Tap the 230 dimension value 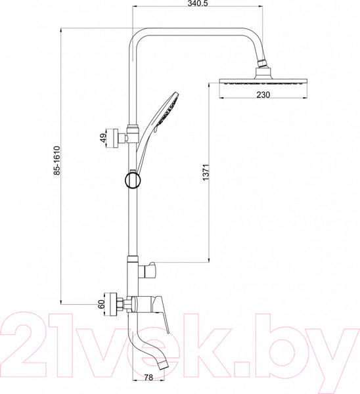[263, 95]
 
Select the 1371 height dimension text [206, 172]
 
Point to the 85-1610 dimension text [57, 161]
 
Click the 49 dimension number [103, 138]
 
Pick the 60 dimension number [101, 304]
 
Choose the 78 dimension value [148, 377]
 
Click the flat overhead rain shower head [263, 82]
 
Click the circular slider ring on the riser [133, 180]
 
